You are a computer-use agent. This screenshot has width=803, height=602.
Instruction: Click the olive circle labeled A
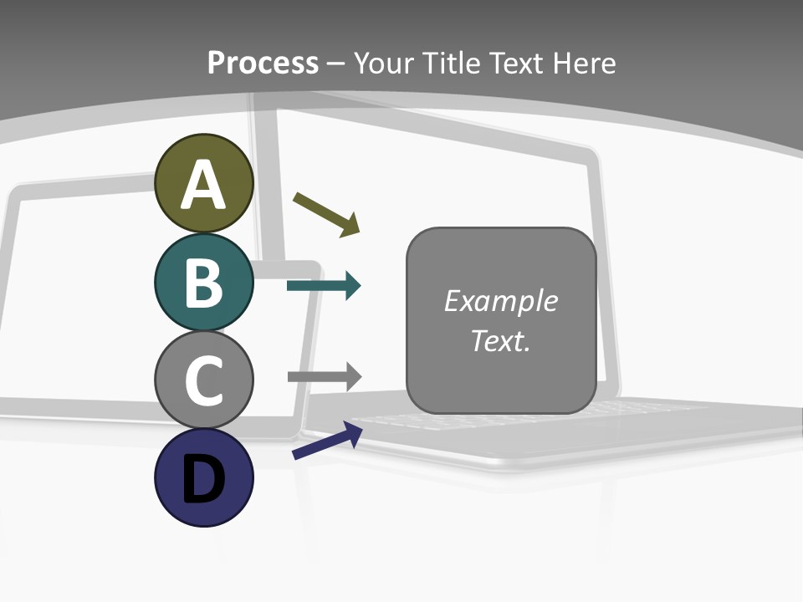click(203, 183)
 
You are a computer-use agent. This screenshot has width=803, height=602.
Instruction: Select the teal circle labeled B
click(203, 282)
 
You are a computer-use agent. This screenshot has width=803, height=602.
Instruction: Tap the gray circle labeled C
click(203, 380)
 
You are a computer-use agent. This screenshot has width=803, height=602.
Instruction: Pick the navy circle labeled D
click(203, 477)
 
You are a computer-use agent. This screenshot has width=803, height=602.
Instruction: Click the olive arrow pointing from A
click(326, 214)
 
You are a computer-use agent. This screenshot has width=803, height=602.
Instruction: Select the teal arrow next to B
click(324, 286)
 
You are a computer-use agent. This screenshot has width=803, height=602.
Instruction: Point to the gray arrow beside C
click(325, 376)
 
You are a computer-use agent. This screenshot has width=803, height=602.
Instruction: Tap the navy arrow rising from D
click(327, 441)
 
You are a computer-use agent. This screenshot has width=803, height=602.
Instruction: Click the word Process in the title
click(263, 63)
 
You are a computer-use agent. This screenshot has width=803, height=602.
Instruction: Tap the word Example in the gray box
click(501, 301)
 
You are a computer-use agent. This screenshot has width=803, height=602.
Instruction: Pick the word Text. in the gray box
click(501, 340)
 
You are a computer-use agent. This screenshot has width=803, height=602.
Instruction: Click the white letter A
click(203, 186)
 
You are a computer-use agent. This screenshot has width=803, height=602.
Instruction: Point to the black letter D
click(203, 480)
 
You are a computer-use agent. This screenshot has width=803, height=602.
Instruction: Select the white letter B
click(203, 283)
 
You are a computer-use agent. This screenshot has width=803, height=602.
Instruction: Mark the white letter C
click(203, 381)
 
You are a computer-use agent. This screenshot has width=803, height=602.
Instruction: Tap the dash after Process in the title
click(336, 64)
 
